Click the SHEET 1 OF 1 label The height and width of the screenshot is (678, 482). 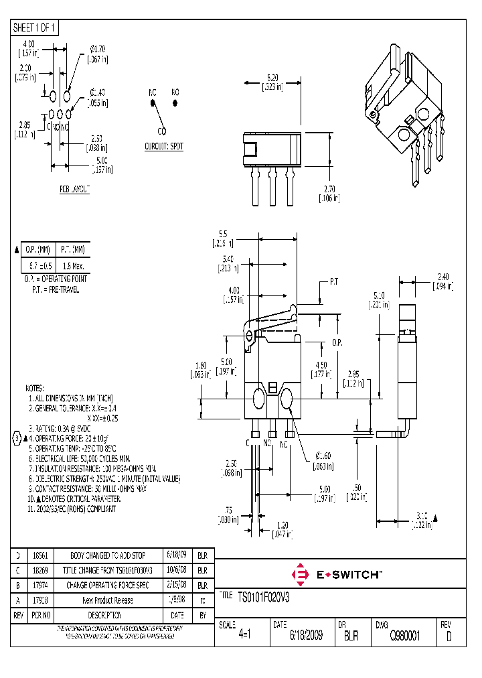coord(35,27)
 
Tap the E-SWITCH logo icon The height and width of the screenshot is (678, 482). coord(301,574)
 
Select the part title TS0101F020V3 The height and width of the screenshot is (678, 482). coord(266,596)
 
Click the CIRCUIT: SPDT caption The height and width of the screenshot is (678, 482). coord(164,146)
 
